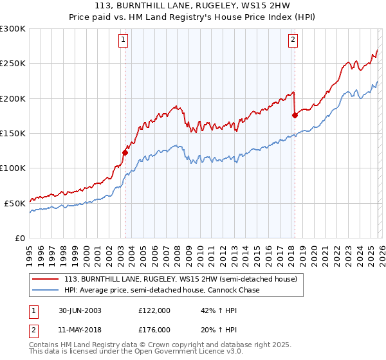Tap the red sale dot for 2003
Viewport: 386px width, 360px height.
pyautogui.click(x=125, y=152)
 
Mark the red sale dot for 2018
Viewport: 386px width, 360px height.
pyautogui.click(x=295, y=115)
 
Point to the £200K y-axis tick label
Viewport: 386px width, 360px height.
pyautogui.click(x=13, y=98)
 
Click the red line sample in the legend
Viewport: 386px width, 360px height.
pyautogui.click(x=46, y=280)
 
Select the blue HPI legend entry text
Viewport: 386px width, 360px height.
pyautogui.click(x=161, y=291)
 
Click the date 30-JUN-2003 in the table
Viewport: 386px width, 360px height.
pyautogui.click(x=77, y=310)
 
